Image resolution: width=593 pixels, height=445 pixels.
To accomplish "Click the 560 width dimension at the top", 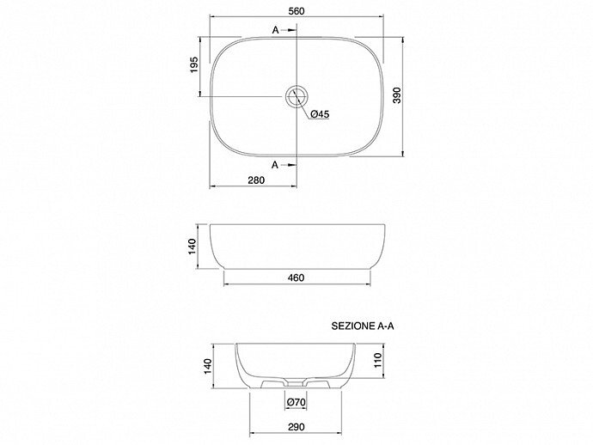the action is (296, 11).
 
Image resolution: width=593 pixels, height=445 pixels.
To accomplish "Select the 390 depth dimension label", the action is (397, 95).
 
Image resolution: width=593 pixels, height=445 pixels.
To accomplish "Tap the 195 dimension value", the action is (194, 64).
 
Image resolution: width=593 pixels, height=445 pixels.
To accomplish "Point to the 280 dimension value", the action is (256, 180).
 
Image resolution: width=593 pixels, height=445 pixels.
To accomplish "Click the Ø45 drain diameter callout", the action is (320, 113).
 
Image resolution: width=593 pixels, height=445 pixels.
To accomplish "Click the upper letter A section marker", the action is (275, 30).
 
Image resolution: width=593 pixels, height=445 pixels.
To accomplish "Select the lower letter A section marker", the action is (275, 164).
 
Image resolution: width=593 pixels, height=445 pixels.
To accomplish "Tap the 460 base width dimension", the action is (296, 277).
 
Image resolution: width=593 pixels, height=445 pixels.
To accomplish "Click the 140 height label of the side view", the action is (193, 247).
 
